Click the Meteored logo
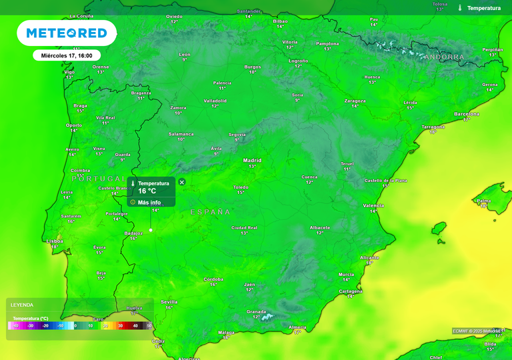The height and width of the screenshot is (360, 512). click(x=66, y=33)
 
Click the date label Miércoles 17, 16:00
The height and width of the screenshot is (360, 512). click(x=67, y=56)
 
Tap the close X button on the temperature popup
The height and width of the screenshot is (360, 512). click(x=182, y=181)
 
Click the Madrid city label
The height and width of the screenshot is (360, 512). click(x=252, y=161)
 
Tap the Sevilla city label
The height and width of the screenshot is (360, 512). click(x=169, y=302)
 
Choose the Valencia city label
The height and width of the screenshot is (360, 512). click(x=373, y=206)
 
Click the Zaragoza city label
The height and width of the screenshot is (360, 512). click(x=355, y=101)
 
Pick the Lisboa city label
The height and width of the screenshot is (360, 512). click(x=55, y=241)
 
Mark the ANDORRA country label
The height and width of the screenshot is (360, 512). click(x=443, y=57)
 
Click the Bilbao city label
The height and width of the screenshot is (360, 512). click(x=280, y=21)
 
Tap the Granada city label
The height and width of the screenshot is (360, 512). click(x=257, y=311)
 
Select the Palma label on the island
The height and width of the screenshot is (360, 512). click(x=484, y=201)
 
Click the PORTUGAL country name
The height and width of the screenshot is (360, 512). click(x=97, y=179)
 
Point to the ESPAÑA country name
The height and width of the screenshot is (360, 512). click(x=211, y=212)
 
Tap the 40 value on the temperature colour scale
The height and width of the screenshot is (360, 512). click(x=135, y=326)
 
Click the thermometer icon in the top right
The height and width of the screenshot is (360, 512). click(x=459, y=8)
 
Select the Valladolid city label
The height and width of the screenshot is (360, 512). click(x=215, y=101)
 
